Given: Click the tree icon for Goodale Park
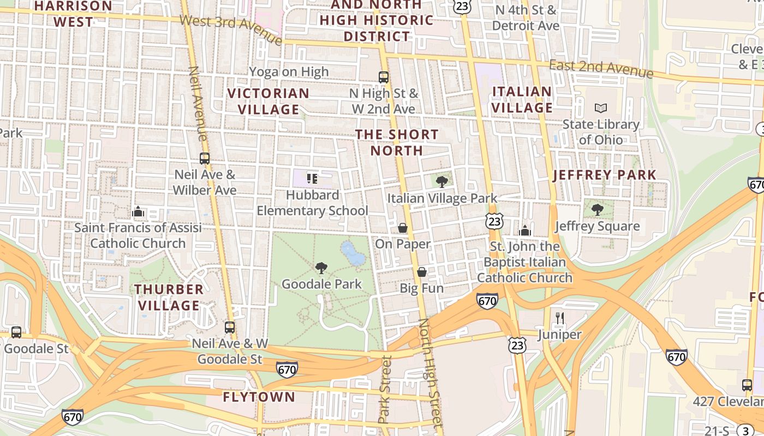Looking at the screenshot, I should tap(321, 268).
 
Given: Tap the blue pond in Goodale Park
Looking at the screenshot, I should tap(353, 253).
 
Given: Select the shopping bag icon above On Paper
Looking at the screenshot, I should tap(403, 228).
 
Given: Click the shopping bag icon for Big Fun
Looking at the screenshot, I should tap(422, 271).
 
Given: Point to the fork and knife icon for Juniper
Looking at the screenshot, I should tap(559, 318).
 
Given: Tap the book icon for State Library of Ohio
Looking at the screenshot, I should tap(601, 108).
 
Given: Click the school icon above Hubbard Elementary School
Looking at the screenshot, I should tap(312, 178).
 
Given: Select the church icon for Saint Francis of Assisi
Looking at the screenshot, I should tap(138, 211).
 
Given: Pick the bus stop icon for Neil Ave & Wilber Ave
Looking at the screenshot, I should tap(205, 159).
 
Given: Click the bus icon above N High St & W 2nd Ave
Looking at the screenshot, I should tap(384, 77).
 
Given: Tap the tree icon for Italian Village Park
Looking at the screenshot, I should tap(442, 182).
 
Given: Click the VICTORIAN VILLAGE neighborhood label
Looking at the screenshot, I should tap(268, 101).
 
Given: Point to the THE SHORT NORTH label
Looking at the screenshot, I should tap(397, 142).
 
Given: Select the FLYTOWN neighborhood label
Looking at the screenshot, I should tap(259, 397).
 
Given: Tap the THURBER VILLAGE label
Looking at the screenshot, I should tap(169, 297).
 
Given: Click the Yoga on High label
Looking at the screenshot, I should tap(289, 71).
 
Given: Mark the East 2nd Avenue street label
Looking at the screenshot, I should tap(601, 69).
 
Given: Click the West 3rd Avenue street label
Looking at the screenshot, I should tap(231, 29).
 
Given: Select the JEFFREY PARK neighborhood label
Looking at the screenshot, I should tap(605, 175).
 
